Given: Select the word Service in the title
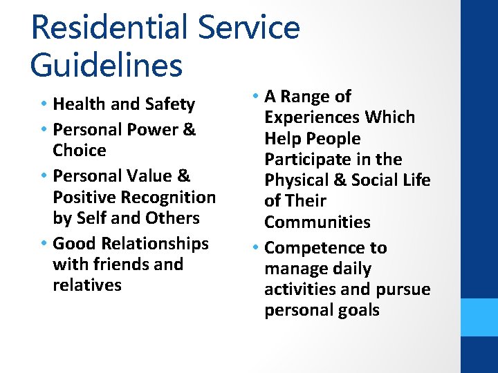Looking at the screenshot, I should click(x=248, y=28).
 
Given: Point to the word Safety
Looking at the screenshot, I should click(x=170, y=104).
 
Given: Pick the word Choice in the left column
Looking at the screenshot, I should click(x=79, y=151).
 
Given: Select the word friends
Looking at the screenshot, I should click(x=117, y=265).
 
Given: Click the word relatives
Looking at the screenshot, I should click(x=86, y=285).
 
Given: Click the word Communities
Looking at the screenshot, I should click(x=317, y=222).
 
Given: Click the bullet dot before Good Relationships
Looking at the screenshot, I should click(x=44, y=244).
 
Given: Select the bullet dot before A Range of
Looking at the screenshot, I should click(x=256, y=97).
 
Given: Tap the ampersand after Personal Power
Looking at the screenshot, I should click(x=190, y=130).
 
